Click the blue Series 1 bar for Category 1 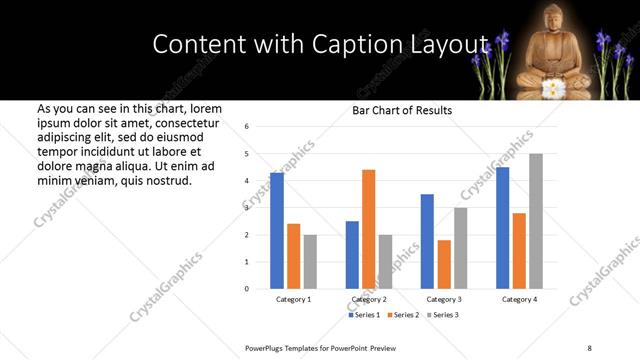point(277,231)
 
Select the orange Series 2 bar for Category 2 point(368,229)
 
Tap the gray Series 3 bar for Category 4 point(536,221)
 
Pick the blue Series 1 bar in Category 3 point(427,241)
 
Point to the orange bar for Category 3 point(444,264)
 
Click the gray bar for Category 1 point(310,262)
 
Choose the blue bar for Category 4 point(502,228)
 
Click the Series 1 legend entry point(364,315)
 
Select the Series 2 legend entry point(403,315)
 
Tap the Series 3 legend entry point(441,315)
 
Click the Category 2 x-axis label point(369,299)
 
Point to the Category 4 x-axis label point(519,299)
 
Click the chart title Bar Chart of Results point(402,110)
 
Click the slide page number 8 point(588,347)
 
